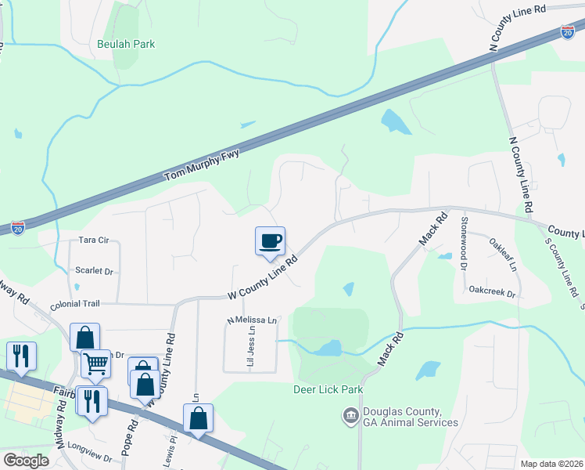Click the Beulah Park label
pyautogui.click(x=126, y=44)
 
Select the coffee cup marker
pyautogui.click(x=270, y=240)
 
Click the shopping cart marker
pyautogui.click(x=95, y=363)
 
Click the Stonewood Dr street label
pyautogui.click(x=463, y=243)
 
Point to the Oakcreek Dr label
pyautogui.click(x=493, y=295)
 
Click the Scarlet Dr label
pyautogui.click(x=94, y=271)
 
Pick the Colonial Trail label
pyautogui.click(x=76, y=305)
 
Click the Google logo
pyautogui.click(x=26, y=461)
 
